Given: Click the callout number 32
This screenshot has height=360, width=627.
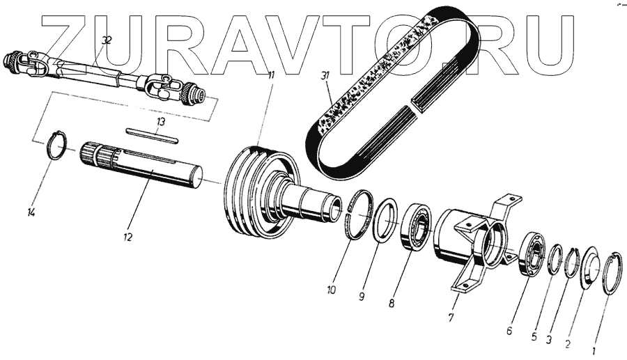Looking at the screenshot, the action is coord(105,41).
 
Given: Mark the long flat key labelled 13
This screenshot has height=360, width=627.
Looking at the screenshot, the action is coord(153,134).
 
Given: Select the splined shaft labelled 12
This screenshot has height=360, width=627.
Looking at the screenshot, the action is coord(143,167).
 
